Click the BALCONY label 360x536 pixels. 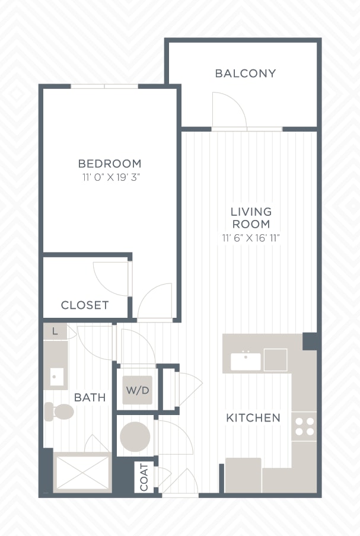(245, 73)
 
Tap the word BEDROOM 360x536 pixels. (109, 164)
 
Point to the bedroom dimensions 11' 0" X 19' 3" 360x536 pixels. (111, 177)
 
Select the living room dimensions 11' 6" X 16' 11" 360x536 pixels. (251, 238)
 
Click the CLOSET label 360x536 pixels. (85, 305)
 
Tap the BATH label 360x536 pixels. (90, 397)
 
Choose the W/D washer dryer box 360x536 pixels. (138, 390)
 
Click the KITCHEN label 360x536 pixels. (253, 417)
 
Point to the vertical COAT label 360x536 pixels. (144, 477)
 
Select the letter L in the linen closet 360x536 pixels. (55, 331)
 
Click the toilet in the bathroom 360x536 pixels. (59, 411)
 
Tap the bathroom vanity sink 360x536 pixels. (57, 377)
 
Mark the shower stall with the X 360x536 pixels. (82, 472)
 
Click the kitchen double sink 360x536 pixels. (246, 361)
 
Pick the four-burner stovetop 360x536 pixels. (304, 426)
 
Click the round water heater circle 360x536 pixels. (135, 436)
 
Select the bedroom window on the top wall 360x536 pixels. (104, 86)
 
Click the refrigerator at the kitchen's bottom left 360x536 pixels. (243, 475)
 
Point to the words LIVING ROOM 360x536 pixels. (251, 218)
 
